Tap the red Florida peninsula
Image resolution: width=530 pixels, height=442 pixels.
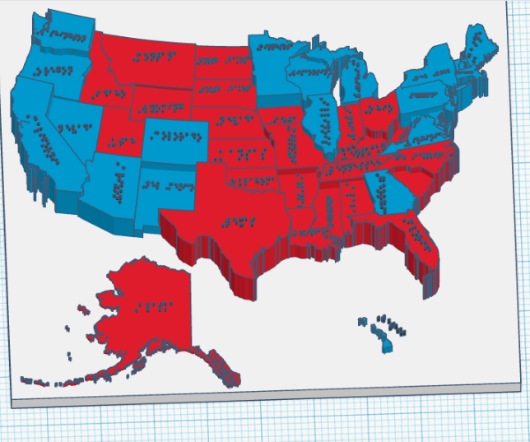coord(420,239)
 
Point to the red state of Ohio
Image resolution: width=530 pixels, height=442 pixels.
coord(380,115)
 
